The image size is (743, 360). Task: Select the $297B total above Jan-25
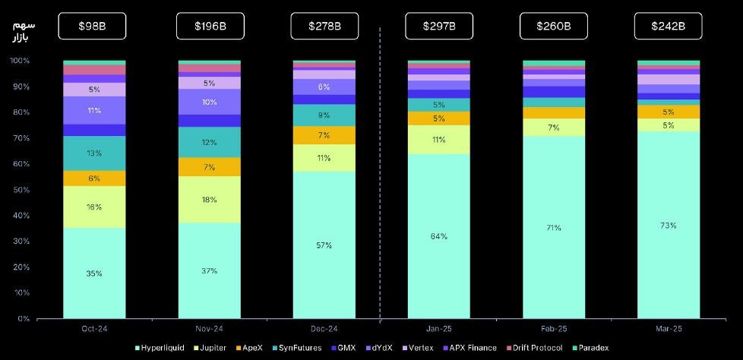[x=439, y=26]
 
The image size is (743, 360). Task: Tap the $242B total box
[x=669, y=26]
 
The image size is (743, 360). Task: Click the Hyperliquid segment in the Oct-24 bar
[x=94, y=273]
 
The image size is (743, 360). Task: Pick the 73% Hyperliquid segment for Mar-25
[x=669, y=226]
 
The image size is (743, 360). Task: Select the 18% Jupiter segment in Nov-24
[x=209, y=200]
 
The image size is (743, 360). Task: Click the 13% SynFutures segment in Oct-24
[x=94, y=153]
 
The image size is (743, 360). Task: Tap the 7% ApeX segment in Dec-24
[x=324, y=135]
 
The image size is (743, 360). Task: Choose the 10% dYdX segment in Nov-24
[x=209, y=102]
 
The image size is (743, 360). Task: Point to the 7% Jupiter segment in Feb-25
[x=554, y=128]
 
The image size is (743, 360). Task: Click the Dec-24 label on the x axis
[x=324, y=329]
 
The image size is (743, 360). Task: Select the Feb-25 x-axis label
[x=554, y=329]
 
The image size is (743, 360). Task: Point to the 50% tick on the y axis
[x=20, y=190]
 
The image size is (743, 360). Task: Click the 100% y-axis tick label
[x=18, y=61]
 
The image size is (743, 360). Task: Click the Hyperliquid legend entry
[x=163, y=348]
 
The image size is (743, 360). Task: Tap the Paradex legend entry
[x=590, y=348]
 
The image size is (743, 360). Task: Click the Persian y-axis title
[x=25, y=31]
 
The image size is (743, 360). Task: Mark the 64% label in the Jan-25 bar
[x=439, y=236]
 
